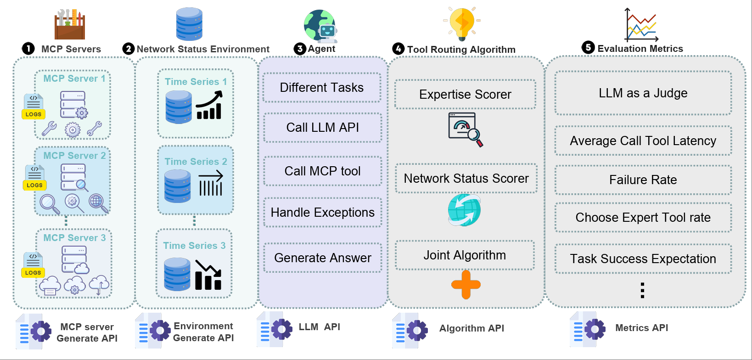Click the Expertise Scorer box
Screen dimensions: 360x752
[465, 94]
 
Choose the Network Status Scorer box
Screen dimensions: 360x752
[466, 178]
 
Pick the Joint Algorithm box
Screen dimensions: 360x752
[465, 255]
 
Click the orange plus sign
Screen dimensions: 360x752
[466, 285]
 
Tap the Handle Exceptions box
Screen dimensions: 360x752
[322, 212]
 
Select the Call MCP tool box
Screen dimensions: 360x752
[322, 171]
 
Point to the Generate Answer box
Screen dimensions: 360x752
[322, 258]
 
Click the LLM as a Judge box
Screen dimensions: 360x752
[643, 93]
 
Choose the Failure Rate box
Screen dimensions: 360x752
[643, 180]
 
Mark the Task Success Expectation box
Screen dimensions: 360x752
[643, 259]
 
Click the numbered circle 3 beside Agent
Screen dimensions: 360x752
[300, 49]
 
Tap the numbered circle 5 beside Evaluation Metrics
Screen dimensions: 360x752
[588, 47]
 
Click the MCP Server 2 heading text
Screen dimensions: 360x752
[74, 156]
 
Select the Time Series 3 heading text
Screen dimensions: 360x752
[194, 246]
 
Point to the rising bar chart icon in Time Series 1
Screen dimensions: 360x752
[209, 106]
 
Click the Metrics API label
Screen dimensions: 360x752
[641, 328]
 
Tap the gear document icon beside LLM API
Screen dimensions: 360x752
[275, 329]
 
